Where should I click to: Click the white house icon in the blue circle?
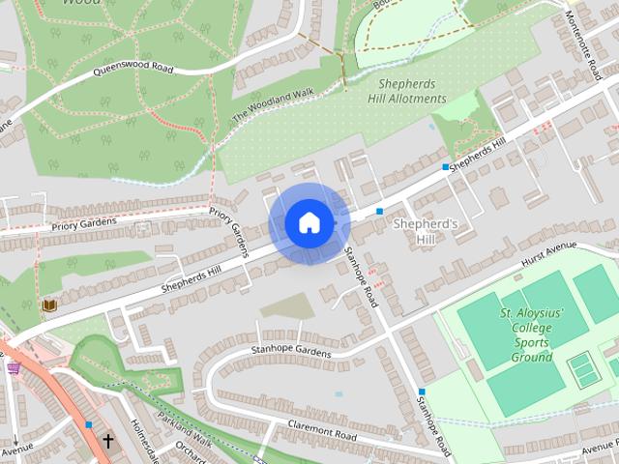[x=309, y=223]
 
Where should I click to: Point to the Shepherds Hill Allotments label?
[x=406, y=91]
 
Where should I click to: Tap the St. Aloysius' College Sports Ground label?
[x=525, y=335]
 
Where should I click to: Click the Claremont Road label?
[x=322, y=429]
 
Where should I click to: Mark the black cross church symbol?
[x=107, y=442]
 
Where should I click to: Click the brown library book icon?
[x=48, y=306]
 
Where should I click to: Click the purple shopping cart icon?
[x=14, y=367]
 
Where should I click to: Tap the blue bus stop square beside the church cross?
[x=89, y=424]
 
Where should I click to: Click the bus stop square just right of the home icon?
[x=379, y=210]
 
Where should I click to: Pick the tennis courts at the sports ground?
[x=583, y=368]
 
